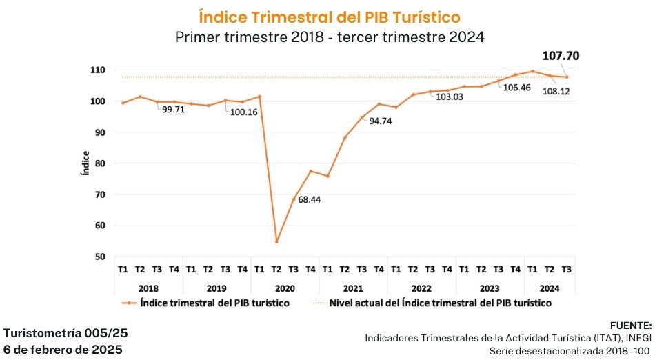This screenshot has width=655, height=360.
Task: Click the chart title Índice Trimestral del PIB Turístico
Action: coord(330,16)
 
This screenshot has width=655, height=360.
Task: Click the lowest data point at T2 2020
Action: coord(276,241)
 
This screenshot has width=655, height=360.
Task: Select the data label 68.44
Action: coord(310,199)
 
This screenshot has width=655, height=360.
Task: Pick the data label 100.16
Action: coord(243,112)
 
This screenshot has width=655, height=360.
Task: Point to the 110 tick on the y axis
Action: coord(97,70)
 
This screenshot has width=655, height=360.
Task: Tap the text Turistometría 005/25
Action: coord(66,333)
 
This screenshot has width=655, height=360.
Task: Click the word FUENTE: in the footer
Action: coord(630,325)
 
